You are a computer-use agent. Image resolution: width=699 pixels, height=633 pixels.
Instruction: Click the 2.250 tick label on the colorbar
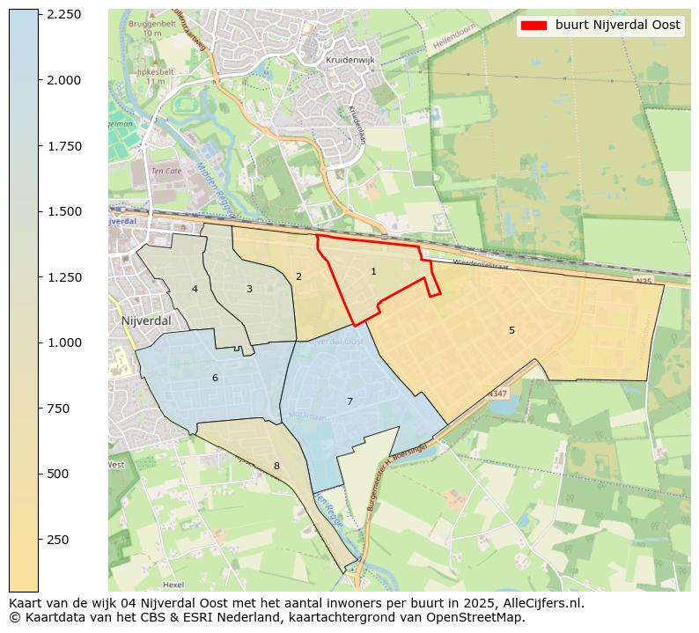(x=64, y=14)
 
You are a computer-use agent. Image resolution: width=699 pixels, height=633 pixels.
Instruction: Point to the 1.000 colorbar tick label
(x=64, y=342)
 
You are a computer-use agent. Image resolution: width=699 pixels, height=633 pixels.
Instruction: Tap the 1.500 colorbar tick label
(x=64, y=211)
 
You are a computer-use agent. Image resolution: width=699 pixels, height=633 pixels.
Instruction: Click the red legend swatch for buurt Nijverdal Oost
(x=533, y=25)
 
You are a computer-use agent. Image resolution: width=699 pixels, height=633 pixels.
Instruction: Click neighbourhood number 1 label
(x=373, y=271)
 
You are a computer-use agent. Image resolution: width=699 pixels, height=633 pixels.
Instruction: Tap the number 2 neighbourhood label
(x=298, y=276)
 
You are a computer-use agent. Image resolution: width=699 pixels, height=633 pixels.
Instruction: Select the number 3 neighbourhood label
(x=249, y=289)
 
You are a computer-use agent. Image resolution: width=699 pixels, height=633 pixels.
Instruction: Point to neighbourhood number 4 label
(x=195, y=289)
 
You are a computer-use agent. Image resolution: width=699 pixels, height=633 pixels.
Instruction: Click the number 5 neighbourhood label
(x=511, y=330)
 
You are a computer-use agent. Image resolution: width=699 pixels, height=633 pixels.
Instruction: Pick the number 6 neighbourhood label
(x=215, y=378)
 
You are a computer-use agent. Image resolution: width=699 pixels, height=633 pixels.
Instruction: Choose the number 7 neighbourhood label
(x=349, y=401)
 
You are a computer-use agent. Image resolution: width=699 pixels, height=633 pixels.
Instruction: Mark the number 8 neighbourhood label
(x=276, y=466)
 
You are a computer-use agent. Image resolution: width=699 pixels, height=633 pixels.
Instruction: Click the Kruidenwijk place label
(x=350, y=60)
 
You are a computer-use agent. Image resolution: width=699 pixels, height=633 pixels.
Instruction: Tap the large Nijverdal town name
(x=146, y=320)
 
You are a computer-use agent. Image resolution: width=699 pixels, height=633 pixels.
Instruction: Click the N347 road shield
(x=497, y=394)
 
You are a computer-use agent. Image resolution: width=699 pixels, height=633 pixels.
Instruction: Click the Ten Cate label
(x=165, y=171)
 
